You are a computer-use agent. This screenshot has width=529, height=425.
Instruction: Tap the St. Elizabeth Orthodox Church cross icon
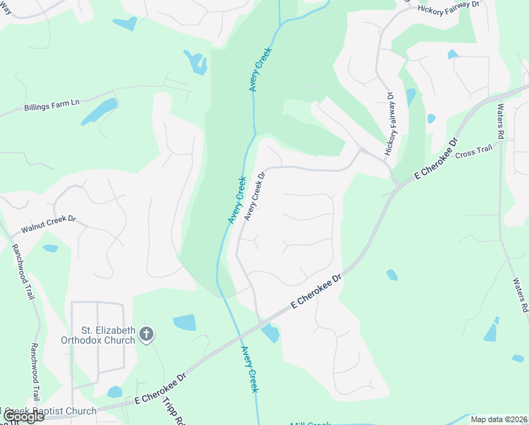point(146,334)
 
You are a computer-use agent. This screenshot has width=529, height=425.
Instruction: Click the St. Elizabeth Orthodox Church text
point(108,335)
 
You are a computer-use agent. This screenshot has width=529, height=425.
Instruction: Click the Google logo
point(23,416)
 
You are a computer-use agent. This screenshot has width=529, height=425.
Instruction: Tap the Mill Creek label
point(310,424)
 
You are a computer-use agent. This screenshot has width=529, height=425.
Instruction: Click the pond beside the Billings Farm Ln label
point(100,111)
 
